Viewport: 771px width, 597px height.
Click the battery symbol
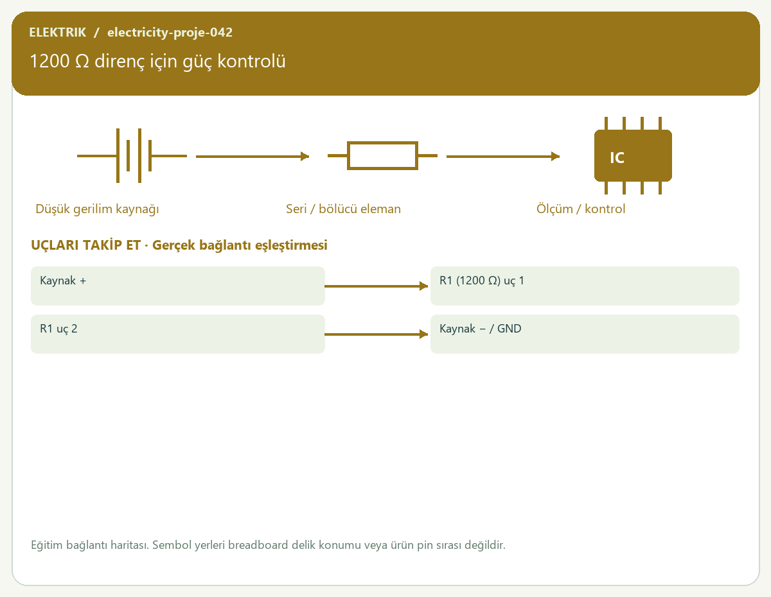click(132, 155)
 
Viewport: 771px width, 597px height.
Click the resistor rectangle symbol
click(382, 155)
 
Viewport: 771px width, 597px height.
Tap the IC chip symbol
click(633, 155)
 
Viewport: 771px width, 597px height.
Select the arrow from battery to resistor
click(253, 157)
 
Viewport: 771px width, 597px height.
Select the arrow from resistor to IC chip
click(503, 157)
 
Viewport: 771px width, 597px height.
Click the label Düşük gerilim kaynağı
click(97, 209)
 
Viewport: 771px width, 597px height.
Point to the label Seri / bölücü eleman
click(343, 209)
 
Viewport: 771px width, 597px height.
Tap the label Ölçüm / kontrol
click(580, 209)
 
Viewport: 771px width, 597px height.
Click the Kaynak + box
click(178, 286)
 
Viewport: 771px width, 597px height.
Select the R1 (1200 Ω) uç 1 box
click(585, 286)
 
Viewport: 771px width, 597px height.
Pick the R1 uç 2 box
click(178, 334)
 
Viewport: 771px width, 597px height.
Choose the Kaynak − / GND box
click(585, 334)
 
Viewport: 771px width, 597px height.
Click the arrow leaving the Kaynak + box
click(376, 286)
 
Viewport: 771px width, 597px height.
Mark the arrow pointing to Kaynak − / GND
click(376, 334)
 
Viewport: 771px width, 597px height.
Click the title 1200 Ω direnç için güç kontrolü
click(157, 62)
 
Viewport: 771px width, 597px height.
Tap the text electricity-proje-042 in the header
click(170, 32)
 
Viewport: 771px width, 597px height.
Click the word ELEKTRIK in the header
click(57, 32)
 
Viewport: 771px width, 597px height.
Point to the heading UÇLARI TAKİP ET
click(85, 245)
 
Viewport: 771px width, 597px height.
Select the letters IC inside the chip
click(617, 158)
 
